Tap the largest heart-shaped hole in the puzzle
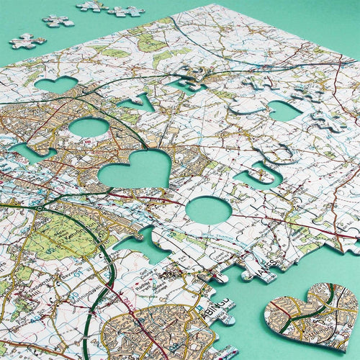135,171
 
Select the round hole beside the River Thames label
208,210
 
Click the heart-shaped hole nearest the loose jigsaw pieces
55,85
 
